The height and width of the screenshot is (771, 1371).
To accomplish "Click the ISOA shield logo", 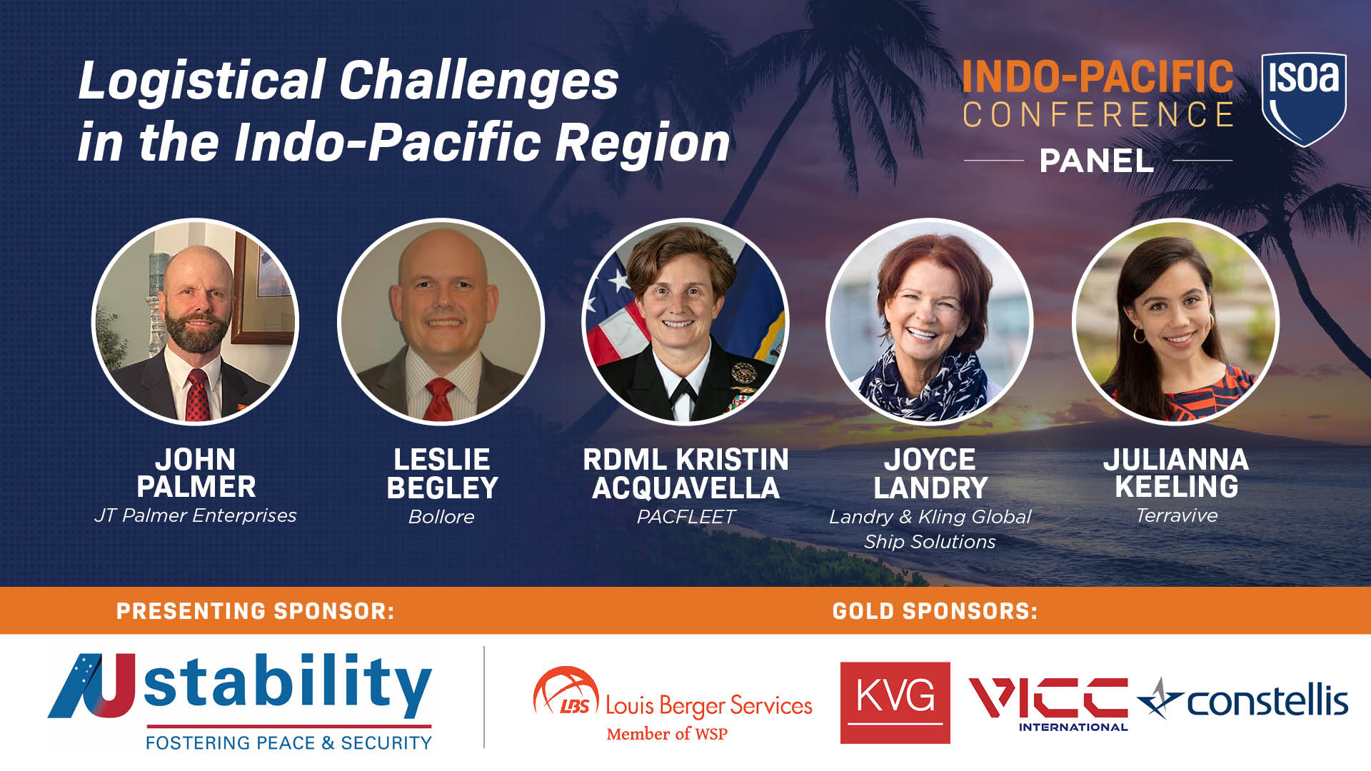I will tap(1304, 99).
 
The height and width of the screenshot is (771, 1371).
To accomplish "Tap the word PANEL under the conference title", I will tap(1097, 161).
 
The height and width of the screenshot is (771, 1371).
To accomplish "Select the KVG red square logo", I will tap(895, 702).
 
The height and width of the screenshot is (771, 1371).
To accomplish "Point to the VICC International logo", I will tap(1048, 702).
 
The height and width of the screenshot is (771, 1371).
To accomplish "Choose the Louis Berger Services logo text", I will tap(708, 705).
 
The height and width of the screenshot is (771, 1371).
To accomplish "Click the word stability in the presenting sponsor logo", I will tap(288, 684).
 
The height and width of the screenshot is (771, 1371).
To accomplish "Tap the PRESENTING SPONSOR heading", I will tap(256, 611).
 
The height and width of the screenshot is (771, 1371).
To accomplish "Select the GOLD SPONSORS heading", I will tap(935, 611).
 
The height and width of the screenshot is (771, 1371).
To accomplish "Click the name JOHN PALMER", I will tap(196, 473).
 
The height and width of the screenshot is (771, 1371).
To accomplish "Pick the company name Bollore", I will tap(441, 517).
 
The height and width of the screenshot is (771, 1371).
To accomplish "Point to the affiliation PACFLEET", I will tap(685, 517).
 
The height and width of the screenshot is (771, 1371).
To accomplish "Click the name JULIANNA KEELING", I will tap(1176, 473).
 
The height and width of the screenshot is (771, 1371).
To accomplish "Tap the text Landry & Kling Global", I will tap(930, 517).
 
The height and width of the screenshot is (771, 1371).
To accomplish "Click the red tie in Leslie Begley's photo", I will tap(439, 400).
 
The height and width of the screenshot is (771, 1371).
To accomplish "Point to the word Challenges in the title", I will tap(478, 81).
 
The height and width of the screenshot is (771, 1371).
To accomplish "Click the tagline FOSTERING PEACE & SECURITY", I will tap(288, 743).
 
